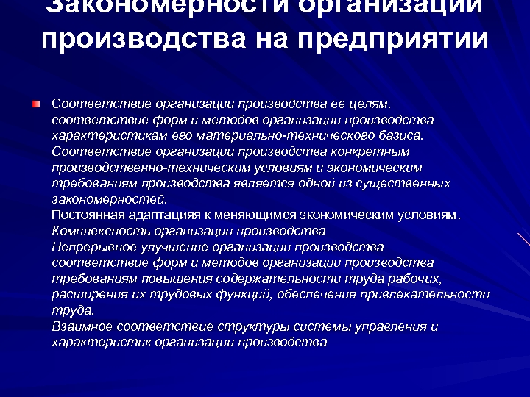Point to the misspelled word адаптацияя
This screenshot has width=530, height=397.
[x=155, y=215]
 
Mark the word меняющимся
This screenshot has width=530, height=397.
[x=250, y=215]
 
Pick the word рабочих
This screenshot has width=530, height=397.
[x=417, y=279]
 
